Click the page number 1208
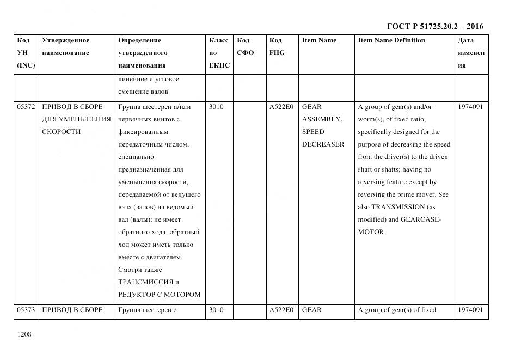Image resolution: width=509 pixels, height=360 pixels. pyautogui.click(x=24, y=334)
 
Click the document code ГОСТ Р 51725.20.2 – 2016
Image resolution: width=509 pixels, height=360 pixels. pyautogui.click(x=434, y=26)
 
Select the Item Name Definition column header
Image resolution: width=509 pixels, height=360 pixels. pyautogui.click(x=391, y=40)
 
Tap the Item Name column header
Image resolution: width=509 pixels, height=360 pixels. pyautogui.click(x=319, y=40)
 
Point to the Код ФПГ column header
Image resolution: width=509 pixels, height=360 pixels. pyautogui.click(x=277, y=46)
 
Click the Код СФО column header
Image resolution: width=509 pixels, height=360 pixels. pyautogui.click(x=246, y=46)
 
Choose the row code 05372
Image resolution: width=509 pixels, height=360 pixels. pyautogui.click(x=26, y=107)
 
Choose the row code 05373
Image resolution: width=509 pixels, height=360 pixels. pyautogui.click(x=26, y=310)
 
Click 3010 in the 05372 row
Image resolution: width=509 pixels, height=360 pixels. pyautogui.click(x=216, y=107)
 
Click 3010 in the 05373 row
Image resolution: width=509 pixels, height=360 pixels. pyautogui.click(x=216, y=310)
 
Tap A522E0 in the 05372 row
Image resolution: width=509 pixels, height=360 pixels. pyautogui.click(x=281, y=107)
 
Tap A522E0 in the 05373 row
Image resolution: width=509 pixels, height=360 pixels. pyautogui.click(x=281, y=310)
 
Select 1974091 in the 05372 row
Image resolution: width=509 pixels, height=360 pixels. pyautogui.click(x=470, y=107)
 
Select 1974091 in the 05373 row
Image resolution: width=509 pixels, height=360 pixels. pyautogui.click(x=470, y=310)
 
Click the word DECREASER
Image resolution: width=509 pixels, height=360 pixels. pyautogui.click(x=323, y=144)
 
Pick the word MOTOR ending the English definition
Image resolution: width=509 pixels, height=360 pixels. pyautogui.click(x=371, y=232)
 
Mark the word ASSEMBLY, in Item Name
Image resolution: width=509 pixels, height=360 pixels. pyautogui.click(x=322, y=119)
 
